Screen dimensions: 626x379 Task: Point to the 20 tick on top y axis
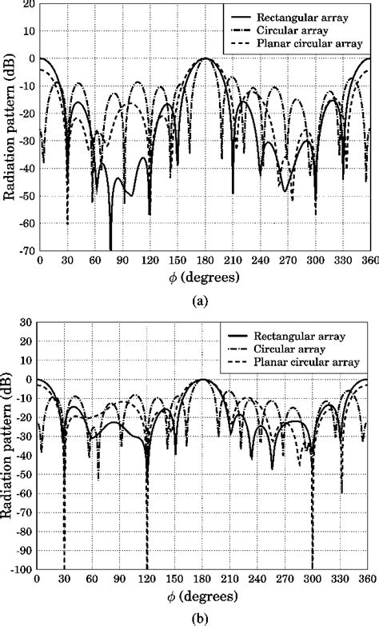28,5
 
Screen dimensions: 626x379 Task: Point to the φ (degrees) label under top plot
204,276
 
